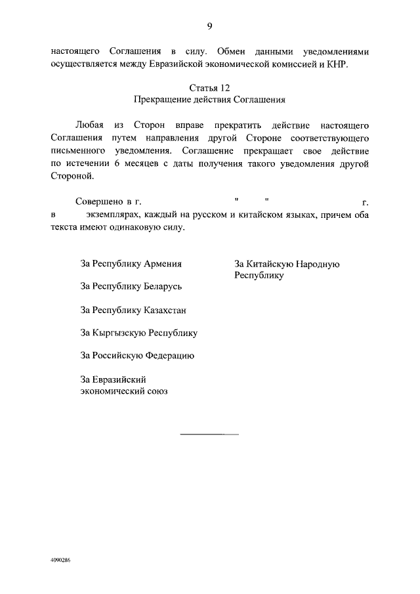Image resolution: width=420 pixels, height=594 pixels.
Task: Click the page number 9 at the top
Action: coord(209,26)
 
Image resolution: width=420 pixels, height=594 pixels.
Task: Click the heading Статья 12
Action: coord(209,87)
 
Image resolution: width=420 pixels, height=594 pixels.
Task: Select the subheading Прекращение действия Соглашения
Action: coord(209,100)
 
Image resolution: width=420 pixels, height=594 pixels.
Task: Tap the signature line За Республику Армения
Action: coord(131,264)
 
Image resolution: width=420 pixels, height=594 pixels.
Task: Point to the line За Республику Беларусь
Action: coord(131,286)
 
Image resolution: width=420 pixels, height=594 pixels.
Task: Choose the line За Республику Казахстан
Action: coord(133,310)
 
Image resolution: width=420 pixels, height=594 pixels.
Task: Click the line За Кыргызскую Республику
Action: coord(138,333)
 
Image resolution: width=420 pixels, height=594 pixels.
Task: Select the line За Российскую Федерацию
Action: coord(136,356)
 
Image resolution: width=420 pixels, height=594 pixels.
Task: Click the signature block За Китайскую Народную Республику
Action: coord(286,270)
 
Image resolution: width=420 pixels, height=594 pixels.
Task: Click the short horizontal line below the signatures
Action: coord(209,435)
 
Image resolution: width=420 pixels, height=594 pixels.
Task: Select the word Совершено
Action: coord(96,201)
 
